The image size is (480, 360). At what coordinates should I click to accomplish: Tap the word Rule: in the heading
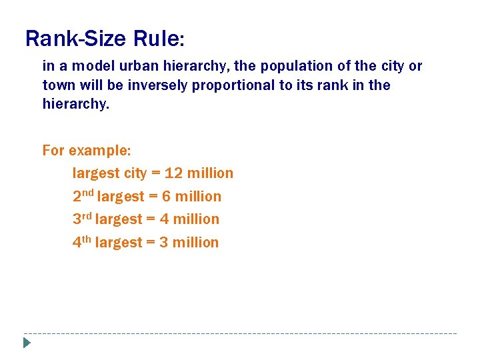(158, 39)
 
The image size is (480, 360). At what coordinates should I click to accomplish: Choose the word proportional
(234, 85)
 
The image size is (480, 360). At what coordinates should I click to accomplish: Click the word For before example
(54, 150)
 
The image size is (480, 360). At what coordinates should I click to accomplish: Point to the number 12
(173, 173)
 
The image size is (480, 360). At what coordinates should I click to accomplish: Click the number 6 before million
(167, 197)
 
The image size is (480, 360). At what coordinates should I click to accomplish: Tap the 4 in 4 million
(164, 219)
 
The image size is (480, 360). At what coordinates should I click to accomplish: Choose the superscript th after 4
(87, 239)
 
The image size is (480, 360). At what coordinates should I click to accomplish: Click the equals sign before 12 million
(156, 174)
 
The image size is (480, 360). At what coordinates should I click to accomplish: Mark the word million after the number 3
(195, 243)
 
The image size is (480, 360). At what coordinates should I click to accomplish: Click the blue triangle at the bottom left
(26, 343)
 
